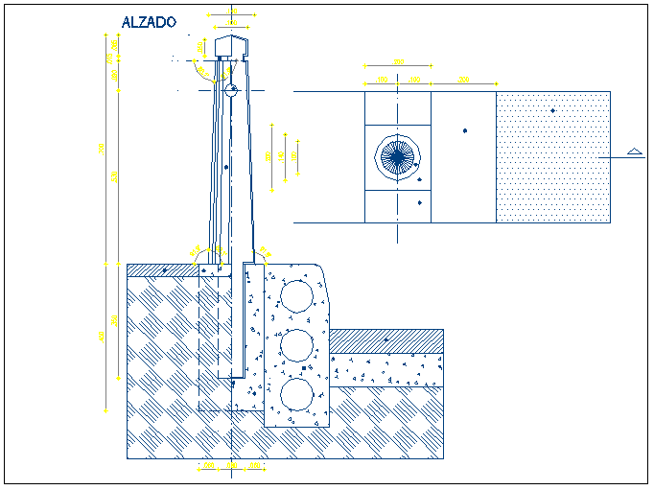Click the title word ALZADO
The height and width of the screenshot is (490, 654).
[149, 22]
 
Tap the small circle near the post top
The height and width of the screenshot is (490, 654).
[231, 92]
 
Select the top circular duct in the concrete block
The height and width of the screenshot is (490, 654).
[296, 296]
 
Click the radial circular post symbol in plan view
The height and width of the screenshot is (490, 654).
[396, 157]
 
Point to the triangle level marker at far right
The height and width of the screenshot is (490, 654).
[633, 151]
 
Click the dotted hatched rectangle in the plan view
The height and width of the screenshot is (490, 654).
[553, 157]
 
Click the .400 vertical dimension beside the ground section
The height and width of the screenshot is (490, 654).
[101, 337]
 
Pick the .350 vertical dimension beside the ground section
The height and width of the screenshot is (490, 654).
[114, 320]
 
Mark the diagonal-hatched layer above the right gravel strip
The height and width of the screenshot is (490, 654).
[386, 340]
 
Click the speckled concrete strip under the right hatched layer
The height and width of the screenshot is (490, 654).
[386, 368]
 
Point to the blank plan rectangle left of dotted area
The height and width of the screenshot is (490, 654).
[463, 157]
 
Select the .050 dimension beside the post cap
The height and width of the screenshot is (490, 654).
[199, 46]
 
